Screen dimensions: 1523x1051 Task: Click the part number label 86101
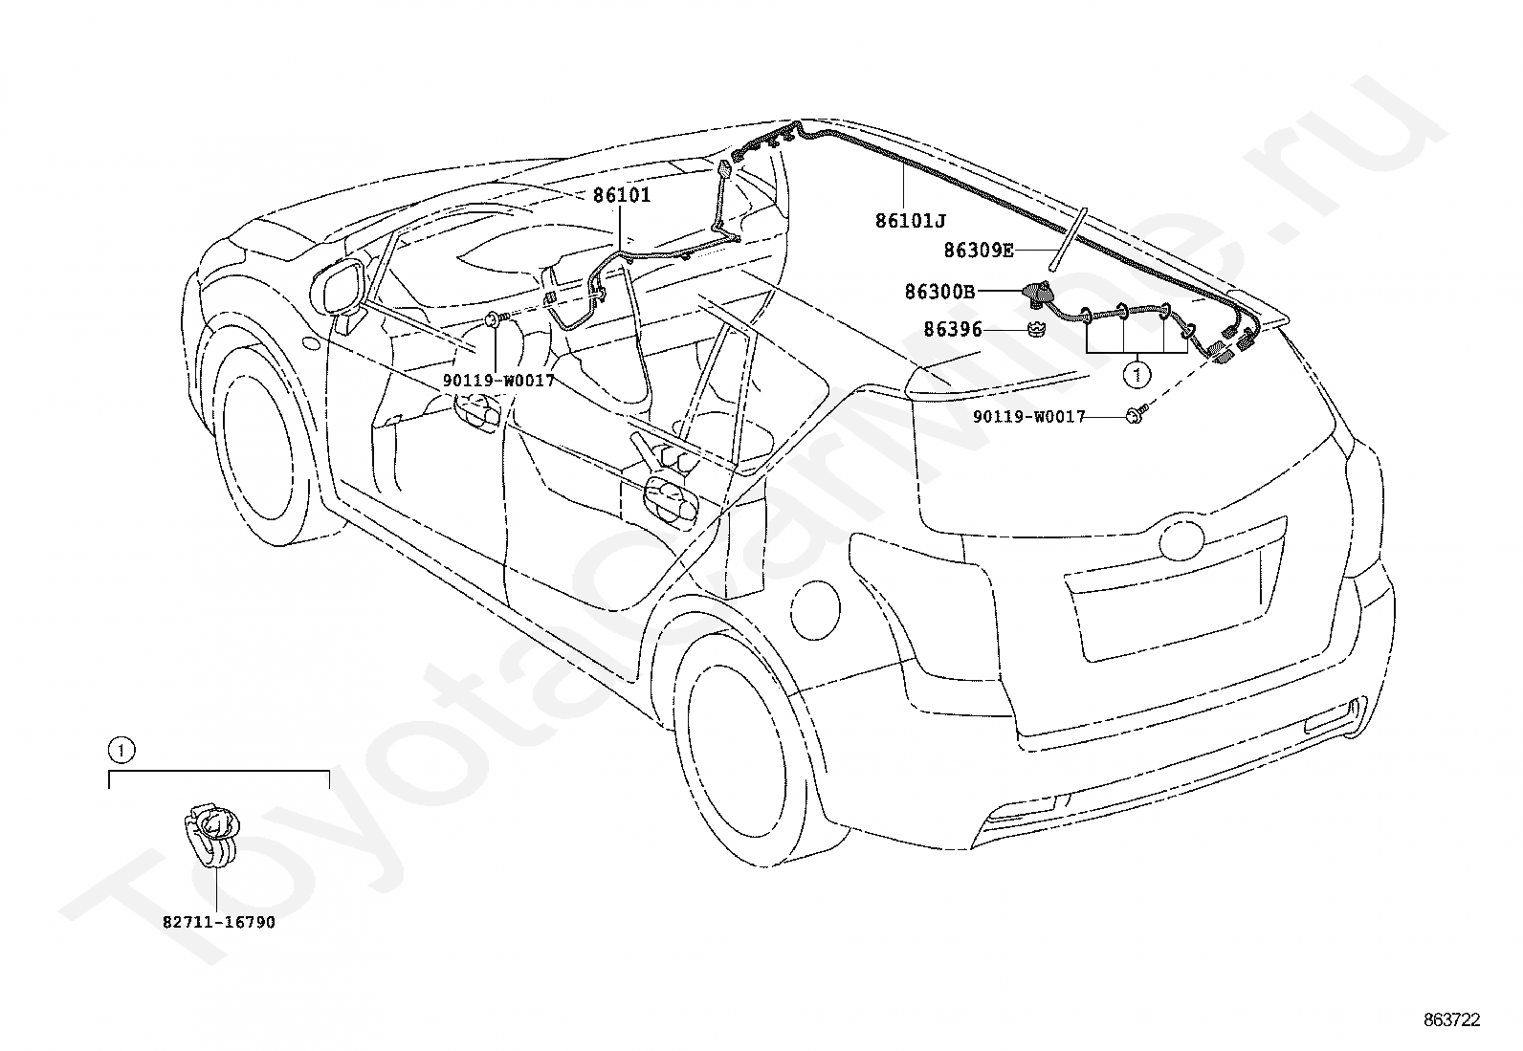pos(622,195)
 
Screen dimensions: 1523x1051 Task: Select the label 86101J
pos(910,221)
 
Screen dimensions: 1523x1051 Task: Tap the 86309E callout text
pos(979,251)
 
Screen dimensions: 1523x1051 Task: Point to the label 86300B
pos(938,293)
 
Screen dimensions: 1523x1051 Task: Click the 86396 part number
pos(953,330)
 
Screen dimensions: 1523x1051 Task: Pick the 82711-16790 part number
pos(219,923)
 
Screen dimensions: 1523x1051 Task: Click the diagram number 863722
pos(1451,1020)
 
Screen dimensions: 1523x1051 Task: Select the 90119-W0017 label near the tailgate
pos(1028,417)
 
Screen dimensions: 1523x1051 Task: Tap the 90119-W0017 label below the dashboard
pos(498,381)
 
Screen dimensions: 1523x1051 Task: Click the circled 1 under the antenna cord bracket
pos(1137,375)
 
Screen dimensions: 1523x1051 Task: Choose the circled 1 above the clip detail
pos(121,751)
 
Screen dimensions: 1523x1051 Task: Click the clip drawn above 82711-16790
pos(211,836)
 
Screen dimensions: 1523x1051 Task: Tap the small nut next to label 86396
pos(1036,330)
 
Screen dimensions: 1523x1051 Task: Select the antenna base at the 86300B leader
pos(1037,296)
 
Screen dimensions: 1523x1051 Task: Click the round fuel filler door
pos(816,610)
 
